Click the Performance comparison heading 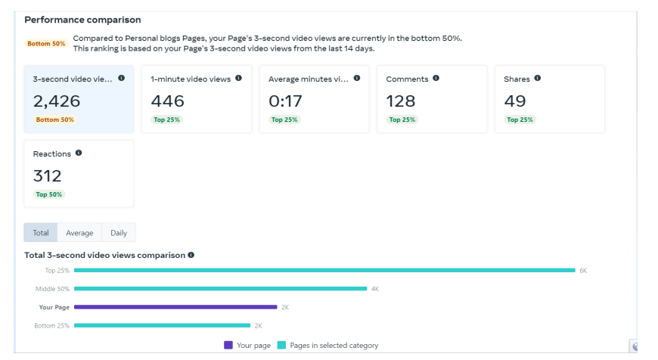82,20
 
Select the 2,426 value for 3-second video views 57,101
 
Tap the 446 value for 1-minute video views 167,101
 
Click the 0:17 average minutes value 285,101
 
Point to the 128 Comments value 401,101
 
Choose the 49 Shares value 515,101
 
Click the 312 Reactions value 48,175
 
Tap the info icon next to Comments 436,78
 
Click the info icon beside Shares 537,78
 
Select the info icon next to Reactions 79,153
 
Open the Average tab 79,233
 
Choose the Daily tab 119,233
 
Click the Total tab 41,233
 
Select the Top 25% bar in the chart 324,270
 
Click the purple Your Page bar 175,307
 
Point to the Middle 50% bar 220,288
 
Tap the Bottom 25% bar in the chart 162,325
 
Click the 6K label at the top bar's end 583,270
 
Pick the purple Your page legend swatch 228,345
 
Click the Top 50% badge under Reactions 50,194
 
